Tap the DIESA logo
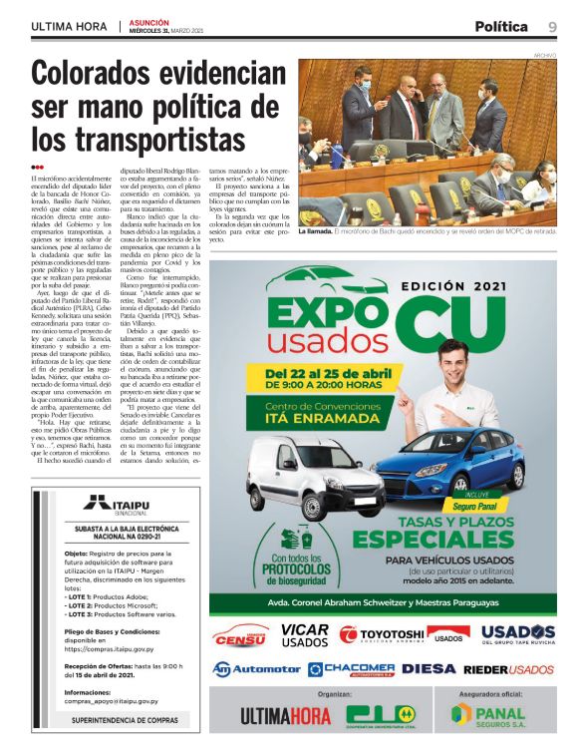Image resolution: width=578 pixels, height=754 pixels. (430, 668)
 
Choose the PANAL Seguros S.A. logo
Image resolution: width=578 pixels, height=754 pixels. (487, 715)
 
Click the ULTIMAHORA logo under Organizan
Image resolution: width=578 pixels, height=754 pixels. (285, 716)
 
